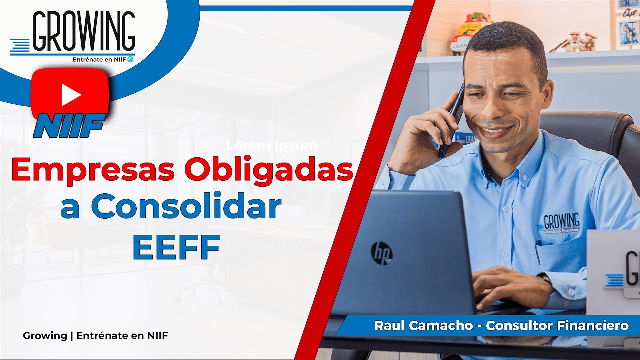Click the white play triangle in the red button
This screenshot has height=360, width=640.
click(71, 95)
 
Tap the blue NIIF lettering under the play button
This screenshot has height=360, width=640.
click(69, 125)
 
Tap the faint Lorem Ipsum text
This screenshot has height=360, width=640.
click(272, 146)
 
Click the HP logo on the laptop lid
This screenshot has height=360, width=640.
click(381, 253)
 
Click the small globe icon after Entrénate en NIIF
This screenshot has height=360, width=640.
click(130, 59)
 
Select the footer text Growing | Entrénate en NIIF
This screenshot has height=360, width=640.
click(95, 336)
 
